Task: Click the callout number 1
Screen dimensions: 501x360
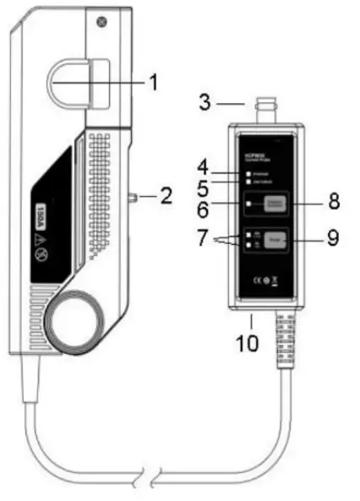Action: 153,82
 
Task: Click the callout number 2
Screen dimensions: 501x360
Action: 166,198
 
